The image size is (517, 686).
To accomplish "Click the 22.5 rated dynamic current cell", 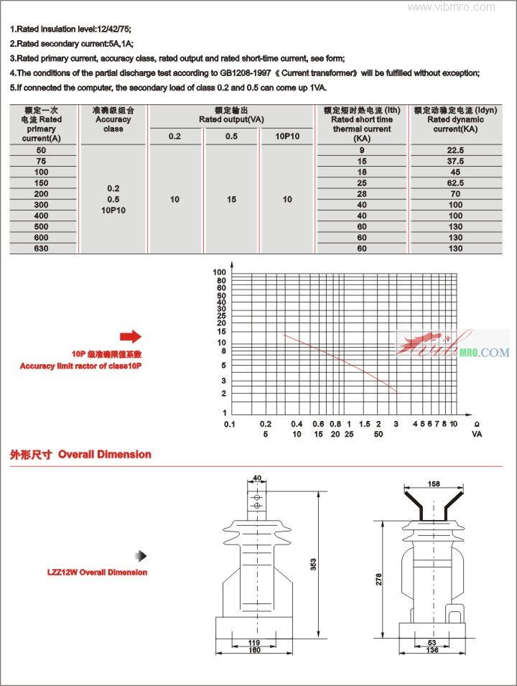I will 455,150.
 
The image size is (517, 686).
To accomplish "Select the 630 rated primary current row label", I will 41,249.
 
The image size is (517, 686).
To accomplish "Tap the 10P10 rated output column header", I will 287,136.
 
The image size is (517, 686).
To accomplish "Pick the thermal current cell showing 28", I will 362,194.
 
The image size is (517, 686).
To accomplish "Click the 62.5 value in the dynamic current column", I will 455,183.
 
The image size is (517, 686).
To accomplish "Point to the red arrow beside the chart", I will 131,336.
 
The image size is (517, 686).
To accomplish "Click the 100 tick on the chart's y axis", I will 220,272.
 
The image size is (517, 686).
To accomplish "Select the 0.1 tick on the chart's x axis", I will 229,425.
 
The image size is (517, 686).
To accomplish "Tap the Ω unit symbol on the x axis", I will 477,425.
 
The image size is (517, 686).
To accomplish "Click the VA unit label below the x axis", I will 477,435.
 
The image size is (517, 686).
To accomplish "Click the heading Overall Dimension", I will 104,454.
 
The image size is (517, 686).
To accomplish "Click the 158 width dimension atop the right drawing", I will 433,483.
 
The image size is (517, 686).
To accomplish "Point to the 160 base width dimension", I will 254,651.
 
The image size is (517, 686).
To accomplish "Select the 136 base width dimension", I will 432,651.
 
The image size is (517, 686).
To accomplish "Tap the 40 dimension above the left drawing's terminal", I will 257,478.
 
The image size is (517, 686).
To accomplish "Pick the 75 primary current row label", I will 41,162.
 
